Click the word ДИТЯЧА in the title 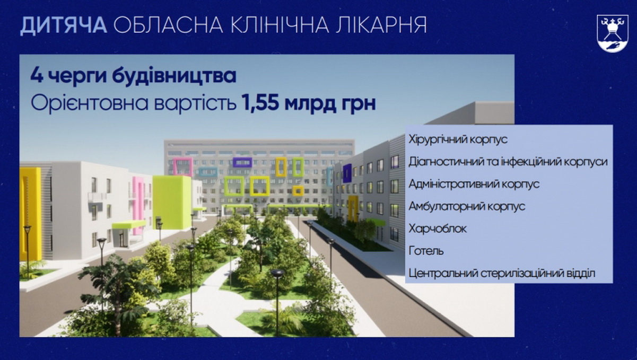64,25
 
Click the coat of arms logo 612,33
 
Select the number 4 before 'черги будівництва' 37,76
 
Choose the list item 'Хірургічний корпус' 458,140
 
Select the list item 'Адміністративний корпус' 474,185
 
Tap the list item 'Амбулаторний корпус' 467,206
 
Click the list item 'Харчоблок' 438,229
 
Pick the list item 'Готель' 426,251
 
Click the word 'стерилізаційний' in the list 522,274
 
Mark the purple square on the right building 347,173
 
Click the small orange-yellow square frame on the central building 298,191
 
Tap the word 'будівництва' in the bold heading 174,76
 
